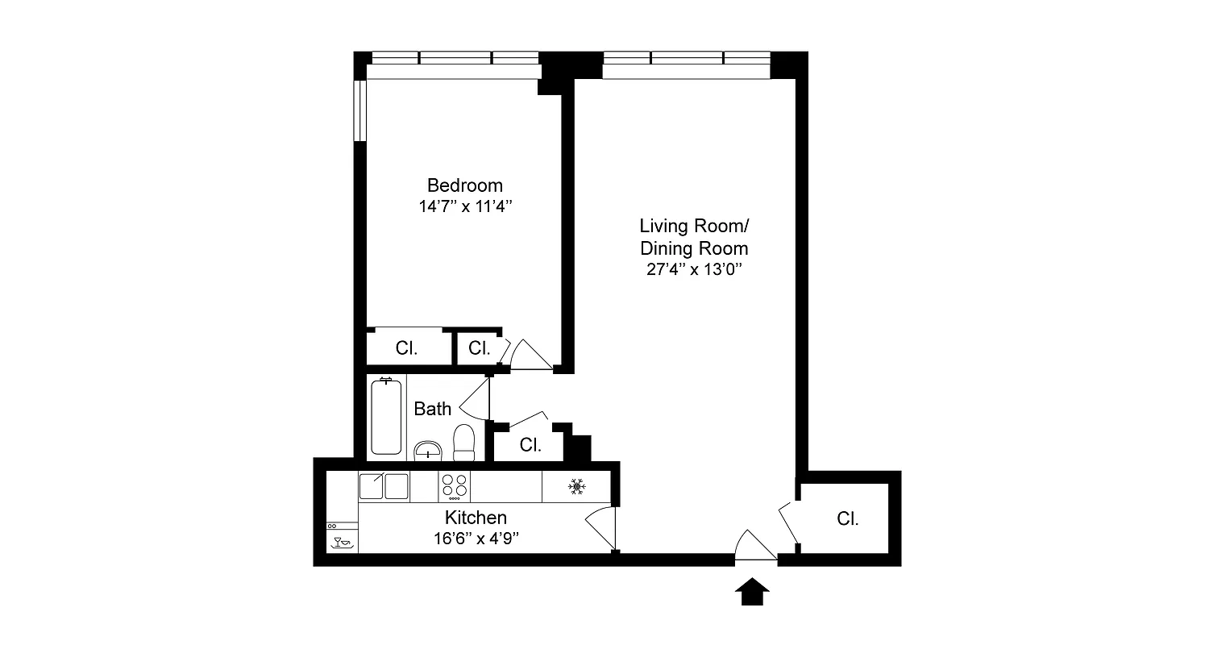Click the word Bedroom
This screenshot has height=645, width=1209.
tap(464, 185)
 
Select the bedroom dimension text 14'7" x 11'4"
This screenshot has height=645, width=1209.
tap(465, 206)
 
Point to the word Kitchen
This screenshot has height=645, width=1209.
tap(476, 518)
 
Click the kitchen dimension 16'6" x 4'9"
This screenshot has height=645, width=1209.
tap(476, 538)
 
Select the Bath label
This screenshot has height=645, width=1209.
tap(432, 409)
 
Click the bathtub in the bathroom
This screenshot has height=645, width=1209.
tap(387, 418)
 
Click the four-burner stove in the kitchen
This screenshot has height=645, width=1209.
tap(454, 486)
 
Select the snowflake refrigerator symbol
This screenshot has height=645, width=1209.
tap(575, 486)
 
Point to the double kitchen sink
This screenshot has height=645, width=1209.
tap(384, 486)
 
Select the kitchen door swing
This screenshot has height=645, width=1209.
tap(600, 528)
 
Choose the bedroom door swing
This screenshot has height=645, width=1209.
tap(529, 355)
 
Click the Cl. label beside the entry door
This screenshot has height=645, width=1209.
tap(847, 519)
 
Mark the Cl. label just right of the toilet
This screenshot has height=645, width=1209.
tap(530, 444)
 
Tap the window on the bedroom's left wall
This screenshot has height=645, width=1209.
tap(360, 111)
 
